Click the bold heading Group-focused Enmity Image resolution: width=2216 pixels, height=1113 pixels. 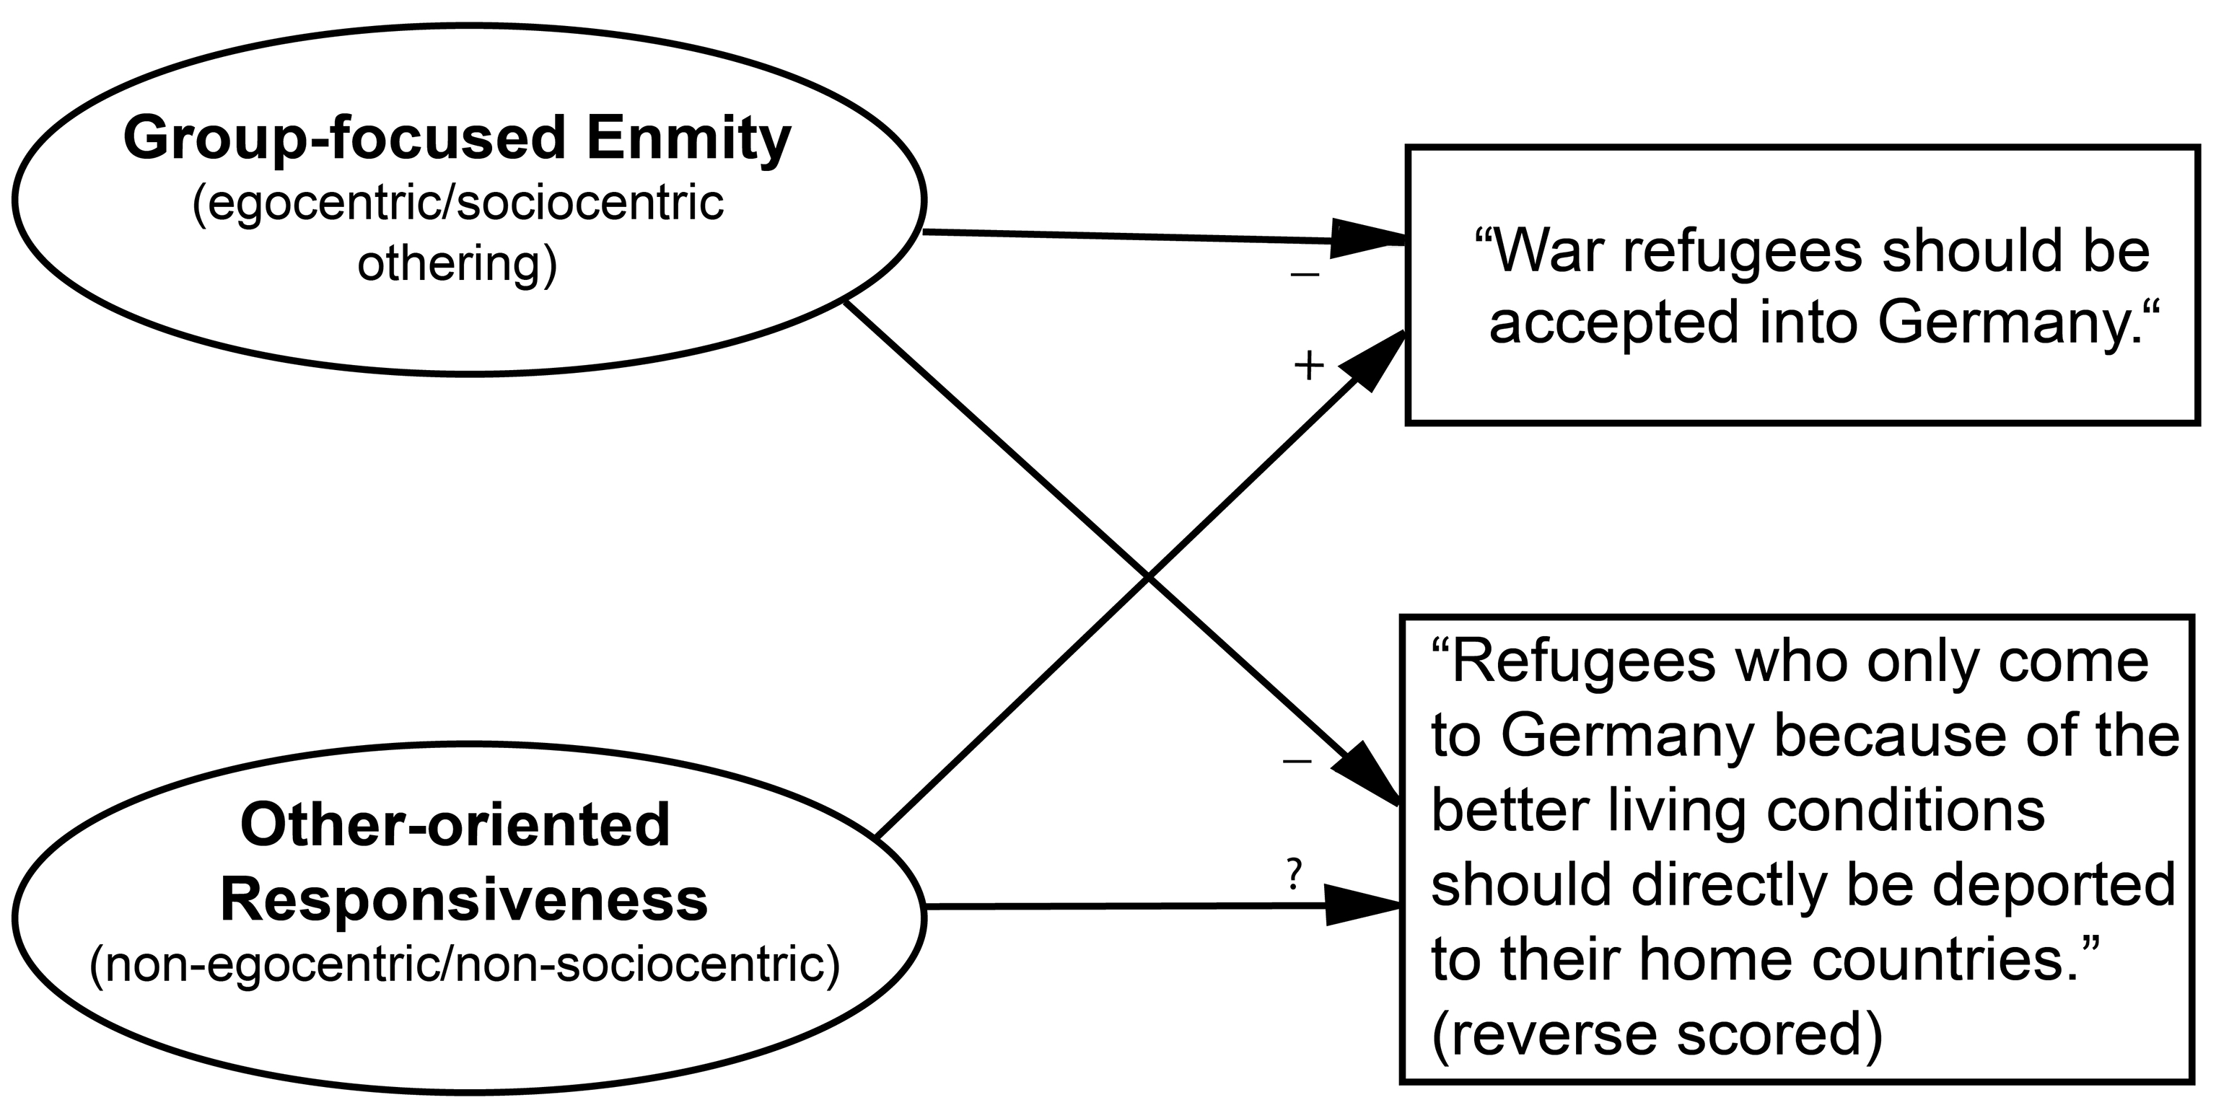coord(457,139)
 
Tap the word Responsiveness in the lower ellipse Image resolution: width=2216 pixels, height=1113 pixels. coord(465,899)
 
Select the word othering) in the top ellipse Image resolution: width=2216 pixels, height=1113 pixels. coord(457,265)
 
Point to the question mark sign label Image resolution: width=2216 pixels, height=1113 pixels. coord(1294,874)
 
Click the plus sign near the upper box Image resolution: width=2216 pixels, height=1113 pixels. coord(1308,366)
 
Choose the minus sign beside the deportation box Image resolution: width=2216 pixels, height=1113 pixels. coord(1297,760)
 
